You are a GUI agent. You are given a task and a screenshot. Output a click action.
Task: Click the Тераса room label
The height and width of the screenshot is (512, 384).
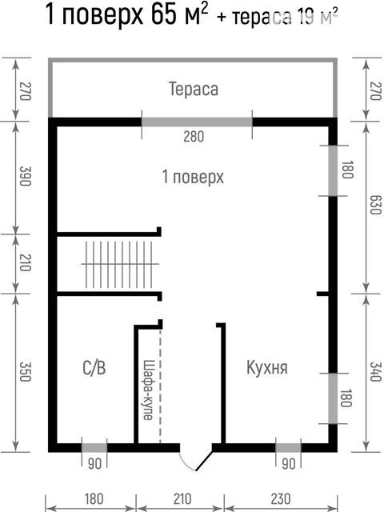[194, 89]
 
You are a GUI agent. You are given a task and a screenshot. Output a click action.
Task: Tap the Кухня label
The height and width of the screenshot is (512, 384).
[267, 368]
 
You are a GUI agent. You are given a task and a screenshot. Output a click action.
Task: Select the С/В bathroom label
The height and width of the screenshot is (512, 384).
[94, 368]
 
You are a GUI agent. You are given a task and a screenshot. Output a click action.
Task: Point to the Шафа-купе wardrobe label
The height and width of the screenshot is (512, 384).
[147, 390]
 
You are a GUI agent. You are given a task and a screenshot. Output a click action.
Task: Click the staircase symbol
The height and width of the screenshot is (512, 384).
[120, 264]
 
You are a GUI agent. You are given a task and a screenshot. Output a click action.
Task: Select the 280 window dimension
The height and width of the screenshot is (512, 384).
[194, 136]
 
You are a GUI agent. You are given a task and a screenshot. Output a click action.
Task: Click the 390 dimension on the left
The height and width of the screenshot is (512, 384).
[26, 176]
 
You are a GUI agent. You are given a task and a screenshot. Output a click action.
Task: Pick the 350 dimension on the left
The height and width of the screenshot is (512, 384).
[26, 372]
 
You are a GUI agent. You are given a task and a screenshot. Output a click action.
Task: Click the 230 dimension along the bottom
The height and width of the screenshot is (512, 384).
[281, 499]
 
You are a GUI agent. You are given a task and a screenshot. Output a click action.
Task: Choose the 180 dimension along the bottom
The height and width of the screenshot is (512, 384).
[94, 499]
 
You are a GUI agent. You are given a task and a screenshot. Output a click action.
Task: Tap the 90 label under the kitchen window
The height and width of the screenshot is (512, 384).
[288, 464]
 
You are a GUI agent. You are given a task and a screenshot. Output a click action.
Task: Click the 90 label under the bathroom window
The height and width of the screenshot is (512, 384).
[94, 464]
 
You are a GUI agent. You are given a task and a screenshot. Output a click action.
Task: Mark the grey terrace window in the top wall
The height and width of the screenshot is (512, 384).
[197, 122]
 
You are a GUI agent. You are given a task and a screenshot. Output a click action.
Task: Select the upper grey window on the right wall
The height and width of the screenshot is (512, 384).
[333, 170]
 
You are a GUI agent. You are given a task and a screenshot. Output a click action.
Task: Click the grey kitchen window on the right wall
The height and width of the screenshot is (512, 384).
[333, 398]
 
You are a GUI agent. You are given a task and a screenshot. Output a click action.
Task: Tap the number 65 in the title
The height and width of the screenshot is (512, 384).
[164, 14]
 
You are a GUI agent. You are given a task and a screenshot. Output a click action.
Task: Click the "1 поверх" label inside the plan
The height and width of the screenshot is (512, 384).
[193, 177]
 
